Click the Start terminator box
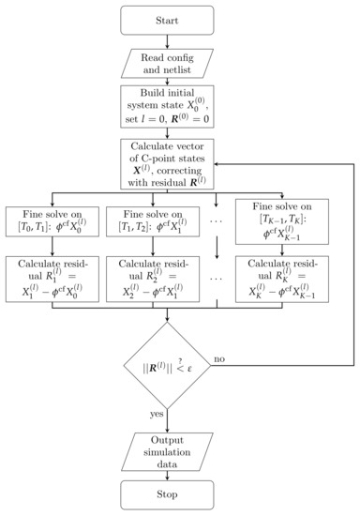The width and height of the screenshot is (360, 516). click(x=166, y=18)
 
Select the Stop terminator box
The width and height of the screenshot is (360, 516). click(x=166, y=496)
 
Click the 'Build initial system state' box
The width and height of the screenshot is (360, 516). click(x=166, y=109)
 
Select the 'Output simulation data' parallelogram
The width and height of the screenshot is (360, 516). click(x=166, y=448)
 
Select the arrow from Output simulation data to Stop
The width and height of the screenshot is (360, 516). click(x=166, y=473)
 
